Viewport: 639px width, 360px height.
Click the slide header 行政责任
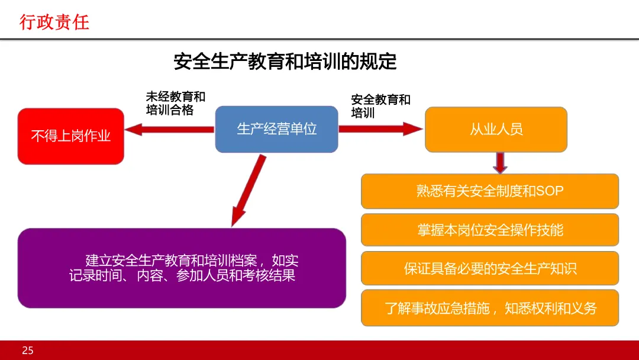(54, 22)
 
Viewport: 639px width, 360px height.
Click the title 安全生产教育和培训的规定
(285, 61)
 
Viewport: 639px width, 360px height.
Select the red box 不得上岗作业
(70, 136)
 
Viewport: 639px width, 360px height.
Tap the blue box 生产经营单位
(276, 129)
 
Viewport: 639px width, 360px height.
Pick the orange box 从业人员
(496, 129)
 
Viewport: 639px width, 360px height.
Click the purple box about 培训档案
(182, 268)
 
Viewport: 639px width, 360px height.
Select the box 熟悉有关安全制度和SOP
(490, 191)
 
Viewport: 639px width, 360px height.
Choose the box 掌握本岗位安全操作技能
(490, 230)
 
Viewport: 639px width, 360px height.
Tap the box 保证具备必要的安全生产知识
(490, 269)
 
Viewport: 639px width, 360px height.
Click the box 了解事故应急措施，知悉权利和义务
(490, 308)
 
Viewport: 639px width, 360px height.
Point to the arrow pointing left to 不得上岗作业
(169, 128)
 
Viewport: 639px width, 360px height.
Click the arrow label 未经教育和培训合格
(176, 104)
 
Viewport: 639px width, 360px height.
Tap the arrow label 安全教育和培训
(380, 106)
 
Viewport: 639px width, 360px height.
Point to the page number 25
(28, 351)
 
